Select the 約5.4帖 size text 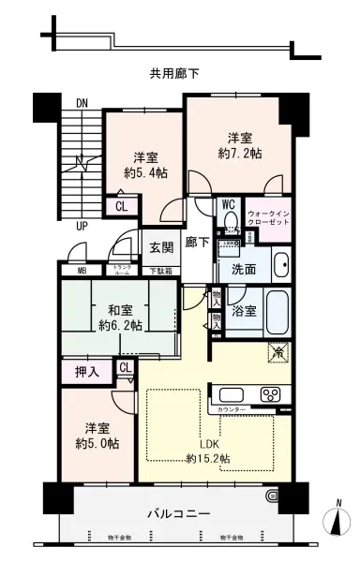(150, 173)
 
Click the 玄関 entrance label (160, 248)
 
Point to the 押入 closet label (85, 371)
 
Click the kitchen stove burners (271, 392)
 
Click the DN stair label (82, 104)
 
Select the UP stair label (82, 226)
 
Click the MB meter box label (80, 272)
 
